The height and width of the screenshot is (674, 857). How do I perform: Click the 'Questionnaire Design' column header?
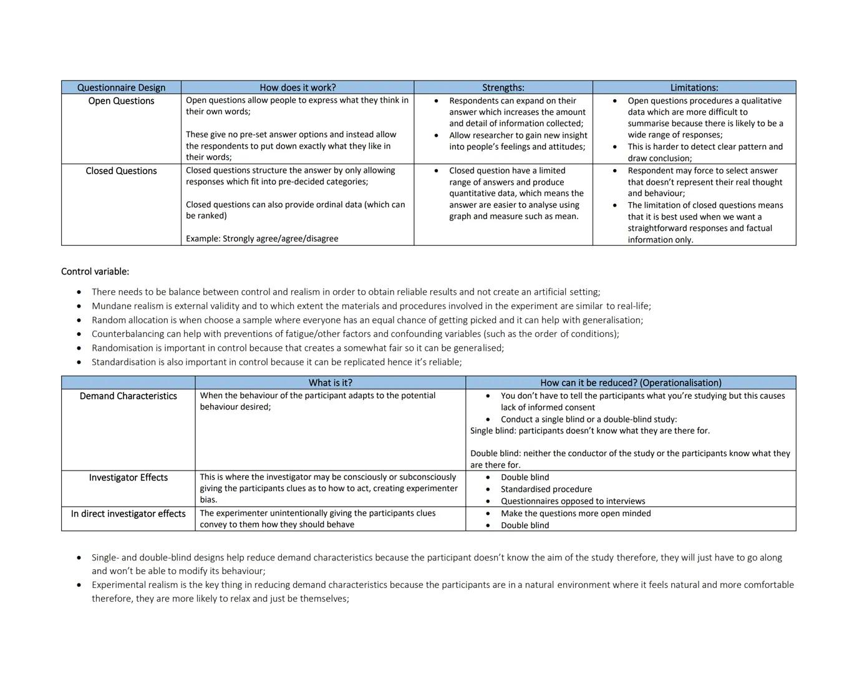121,87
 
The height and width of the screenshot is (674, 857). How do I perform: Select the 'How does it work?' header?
298,87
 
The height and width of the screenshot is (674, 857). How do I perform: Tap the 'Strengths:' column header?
503,87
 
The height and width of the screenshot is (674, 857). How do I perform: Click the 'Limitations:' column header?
694,87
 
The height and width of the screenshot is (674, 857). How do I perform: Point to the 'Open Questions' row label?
121,101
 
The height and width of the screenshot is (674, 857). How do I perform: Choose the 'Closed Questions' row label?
121,171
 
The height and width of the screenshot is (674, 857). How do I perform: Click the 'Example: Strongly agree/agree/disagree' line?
262,238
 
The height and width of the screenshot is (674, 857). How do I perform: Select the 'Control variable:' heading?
95,271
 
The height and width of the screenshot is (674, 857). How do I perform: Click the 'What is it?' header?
330,383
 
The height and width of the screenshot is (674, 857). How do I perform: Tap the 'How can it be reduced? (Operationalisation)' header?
631,383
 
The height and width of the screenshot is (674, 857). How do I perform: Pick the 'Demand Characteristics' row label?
128,396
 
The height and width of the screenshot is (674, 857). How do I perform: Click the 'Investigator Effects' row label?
128,477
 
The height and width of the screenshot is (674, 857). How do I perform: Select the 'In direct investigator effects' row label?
128,514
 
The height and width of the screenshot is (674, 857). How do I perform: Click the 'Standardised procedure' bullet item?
546,489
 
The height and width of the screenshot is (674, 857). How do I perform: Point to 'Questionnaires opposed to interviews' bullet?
573,501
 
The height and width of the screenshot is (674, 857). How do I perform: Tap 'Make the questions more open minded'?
575,514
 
